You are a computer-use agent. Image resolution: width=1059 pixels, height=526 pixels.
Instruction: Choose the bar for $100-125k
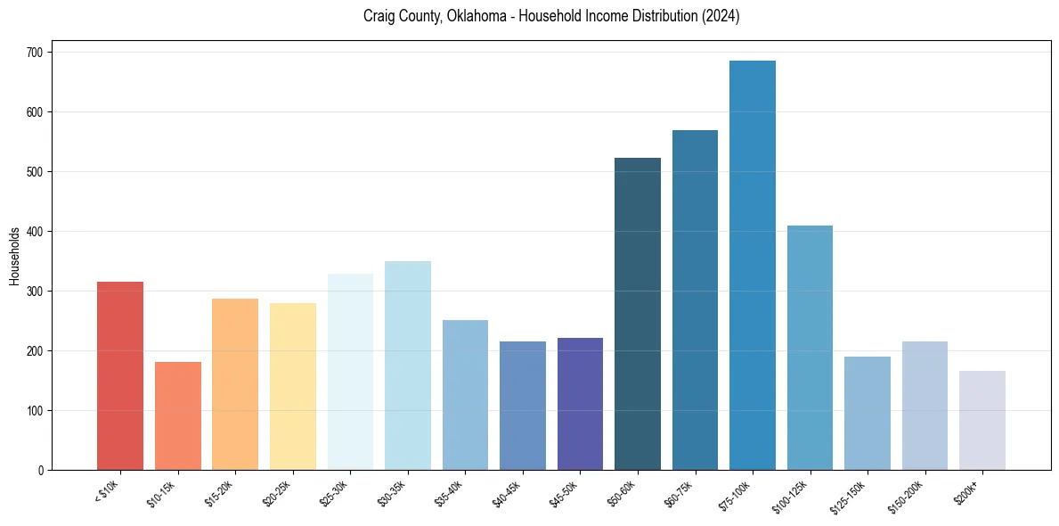point(810,348)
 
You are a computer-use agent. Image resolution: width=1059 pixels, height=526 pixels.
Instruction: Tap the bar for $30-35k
point(408,366)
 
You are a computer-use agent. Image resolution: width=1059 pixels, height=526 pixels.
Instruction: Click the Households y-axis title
point(14,255)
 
